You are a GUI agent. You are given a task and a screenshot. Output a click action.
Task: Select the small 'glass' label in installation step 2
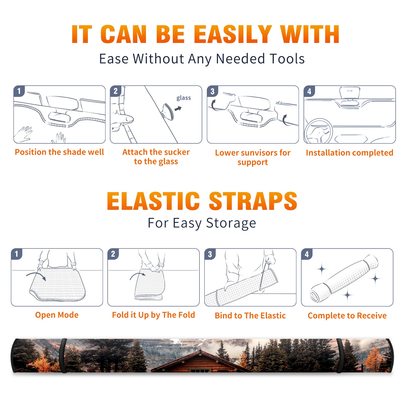(x=184, y=98)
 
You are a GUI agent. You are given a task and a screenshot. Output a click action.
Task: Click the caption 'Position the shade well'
(x=59, y=152)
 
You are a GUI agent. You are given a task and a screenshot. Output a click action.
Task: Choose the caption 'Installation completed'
(x=349, y=153)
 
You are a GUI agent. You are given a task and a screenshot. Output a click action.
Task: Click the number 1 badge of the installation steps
(x=19, y=91)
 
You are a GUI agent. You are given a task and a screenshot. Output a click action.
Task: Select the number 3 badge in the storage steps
(x=210, y=254)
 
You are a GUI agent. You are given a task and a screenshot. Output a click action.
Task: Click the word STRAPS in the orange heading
(x=253, y=201)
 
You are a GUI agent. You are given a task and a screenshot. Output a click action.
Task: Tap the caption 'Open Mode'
(x=57, y=315)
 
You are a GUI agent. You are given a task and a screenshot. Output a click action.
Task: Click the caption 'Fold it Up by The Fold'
(x=154, y=315)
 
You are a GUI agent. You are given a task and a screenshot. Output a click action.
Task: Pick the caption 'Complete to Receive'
(x=347, y=316)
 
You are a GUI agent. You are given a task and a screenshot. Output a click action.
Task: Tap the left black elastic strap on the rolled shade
(x=63, y=356)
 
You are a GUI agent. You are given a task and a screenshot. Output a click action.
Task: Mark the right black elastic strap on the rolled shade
(x=340, y=356)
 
